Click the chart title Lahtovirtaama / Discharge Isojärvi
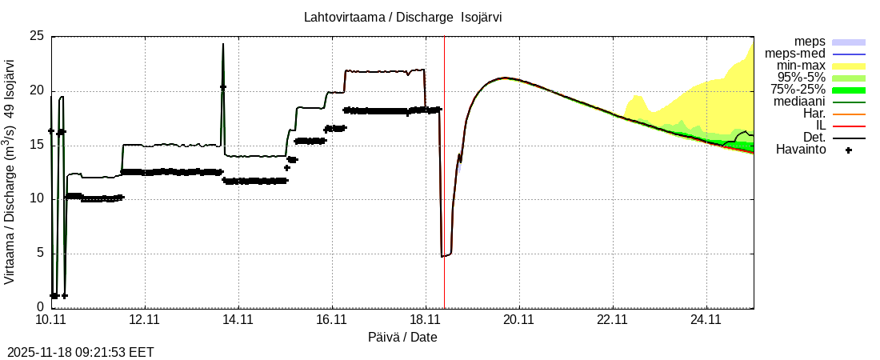click(x=402, y=18)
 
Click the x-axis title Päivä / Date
click(x=402, y=338)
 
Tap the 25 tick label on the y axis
click(x=37, y=36)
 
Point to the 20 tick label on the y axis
click(x=37, y=90)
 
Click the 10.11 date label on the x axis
click(x=50, y=320)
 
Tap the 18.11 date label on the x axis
click(x=425, y=320)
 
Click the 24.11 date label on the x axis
click(x=706, y=320)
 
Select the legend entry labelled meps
click(x=810, y=42)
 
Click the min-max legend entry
click(x=801, y=66)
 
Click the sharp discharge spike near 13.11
click(x=223, y=45)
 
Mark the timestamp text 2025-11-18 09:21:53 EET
click(x=80, y=352)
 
